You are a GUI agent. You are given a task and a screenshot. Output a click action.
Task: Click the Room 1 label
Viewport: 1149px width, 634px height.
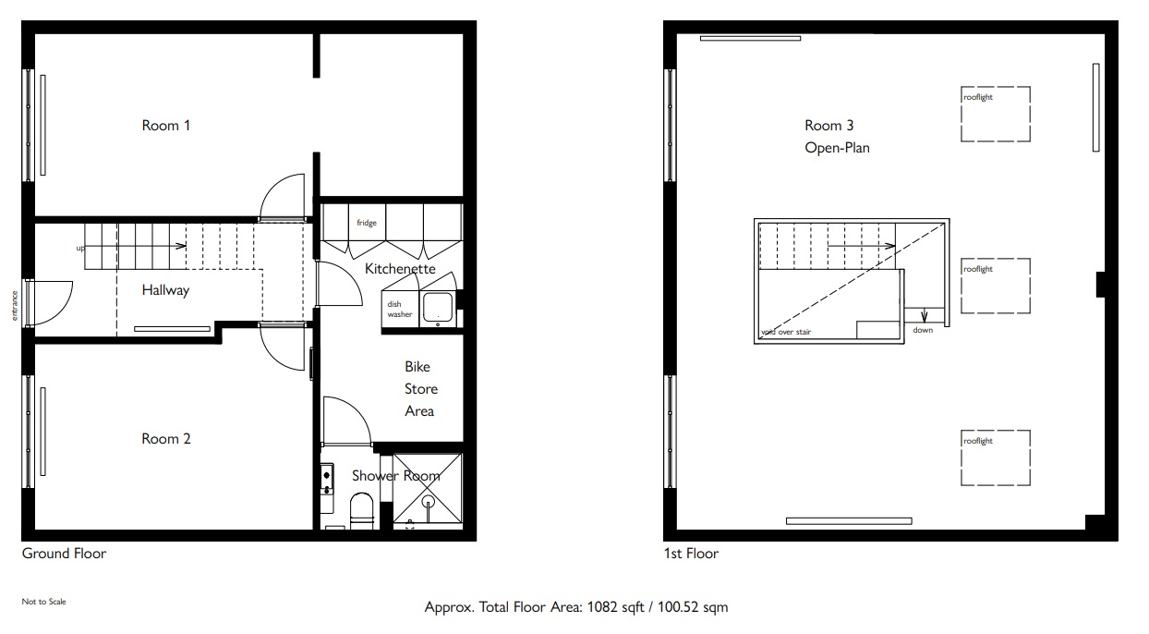point(165,126)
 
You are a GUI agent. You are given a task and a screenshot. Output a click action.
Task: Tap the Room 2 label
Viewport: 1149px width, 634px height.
point(165,438)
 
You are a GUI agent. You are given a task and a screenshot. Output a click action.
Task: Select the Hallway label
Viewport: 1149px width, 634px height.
point(165,290)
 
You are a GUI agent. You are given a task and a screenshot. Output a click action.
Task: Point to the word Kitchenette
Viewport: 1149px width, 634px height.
point(400,269)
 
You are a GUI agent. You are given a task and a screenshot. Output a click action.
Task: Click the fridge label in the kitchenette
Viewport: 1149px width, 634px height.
point(367,223)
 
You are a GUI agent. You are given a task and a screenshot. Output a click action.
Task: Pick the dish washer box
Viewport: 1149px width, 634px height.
point(400,310)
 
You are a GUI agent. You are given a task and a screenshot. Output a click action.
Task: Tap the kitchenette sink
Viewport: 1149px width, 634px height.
point(438,308)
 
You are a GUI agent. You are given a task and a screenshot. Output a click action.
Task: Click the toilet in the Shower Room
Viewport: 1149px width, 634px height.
point(362,510)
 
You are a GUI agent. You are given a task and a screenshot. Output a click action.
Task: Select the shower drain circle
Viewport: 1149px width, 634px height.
point(428,501)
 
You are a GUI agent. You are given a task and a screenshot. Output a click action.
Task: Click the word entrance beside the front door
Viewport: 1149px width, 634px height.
point(15,306)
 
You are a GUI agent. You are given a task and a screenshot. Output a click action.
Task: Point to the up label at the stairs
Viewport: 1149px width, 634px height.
point(80,249)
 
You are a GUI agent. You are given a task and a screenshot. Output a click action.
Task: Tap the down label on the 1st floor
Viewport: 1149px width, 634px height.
point(923,330)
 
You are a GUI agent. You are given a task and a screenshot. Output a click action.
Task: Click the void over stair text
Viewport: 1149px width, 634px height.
point(786,332)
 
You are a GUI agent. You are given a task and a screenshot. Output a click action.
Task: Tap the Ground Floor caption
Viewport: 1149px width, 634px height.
point(64,554)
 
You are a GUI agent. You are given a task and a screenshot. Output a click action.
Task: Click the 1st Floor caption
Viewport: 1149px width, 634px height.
point(692,554)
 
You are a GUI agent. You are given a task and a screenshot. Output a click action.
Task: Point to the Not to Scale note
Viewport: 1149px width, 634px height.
point(44,602)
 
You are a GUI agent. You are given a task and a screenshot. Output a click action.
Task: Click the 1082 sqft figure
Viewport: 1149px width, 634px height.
point(615,607)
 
